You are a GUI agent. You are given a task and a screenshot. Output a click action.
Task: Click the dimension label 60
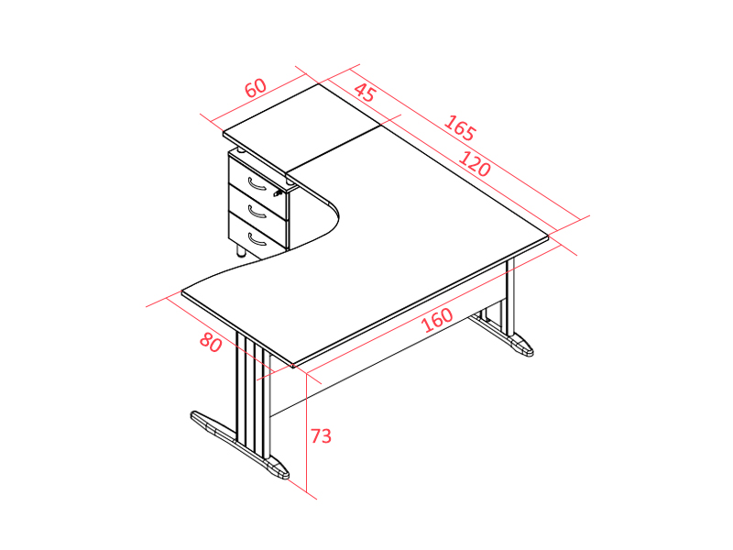point(256,87)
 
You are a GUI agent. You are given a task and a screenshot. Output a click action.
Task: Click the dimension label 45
point(364,93)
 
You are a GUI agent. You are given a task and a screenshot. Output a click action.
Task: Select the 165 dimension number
point(460,127)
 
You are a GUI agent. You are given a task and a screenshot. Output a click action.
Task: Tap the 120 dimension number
point(475,164)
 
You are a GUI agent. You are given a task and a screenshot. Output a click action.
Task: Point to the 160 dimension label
point(437,319)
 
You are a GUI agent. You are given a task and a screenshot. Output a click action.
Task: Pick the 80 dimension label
point(211,342)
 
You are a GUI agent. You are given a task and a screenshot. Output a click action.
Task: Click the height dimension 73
point(322,436)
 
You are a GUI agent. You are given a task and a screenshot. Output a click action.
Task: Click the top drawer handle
point(257,184)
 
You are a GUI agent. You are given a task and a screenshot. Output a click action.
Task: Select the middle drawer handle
point(257,213)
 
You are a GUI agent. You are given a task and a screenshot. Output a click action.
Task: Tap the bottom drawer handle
point(257,239)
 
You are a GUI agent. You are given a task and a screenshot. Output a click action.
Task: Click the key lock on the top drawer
point(279,192)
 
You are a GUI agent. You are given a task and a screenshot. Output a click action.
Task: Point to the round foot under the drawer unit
point(241,250)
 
